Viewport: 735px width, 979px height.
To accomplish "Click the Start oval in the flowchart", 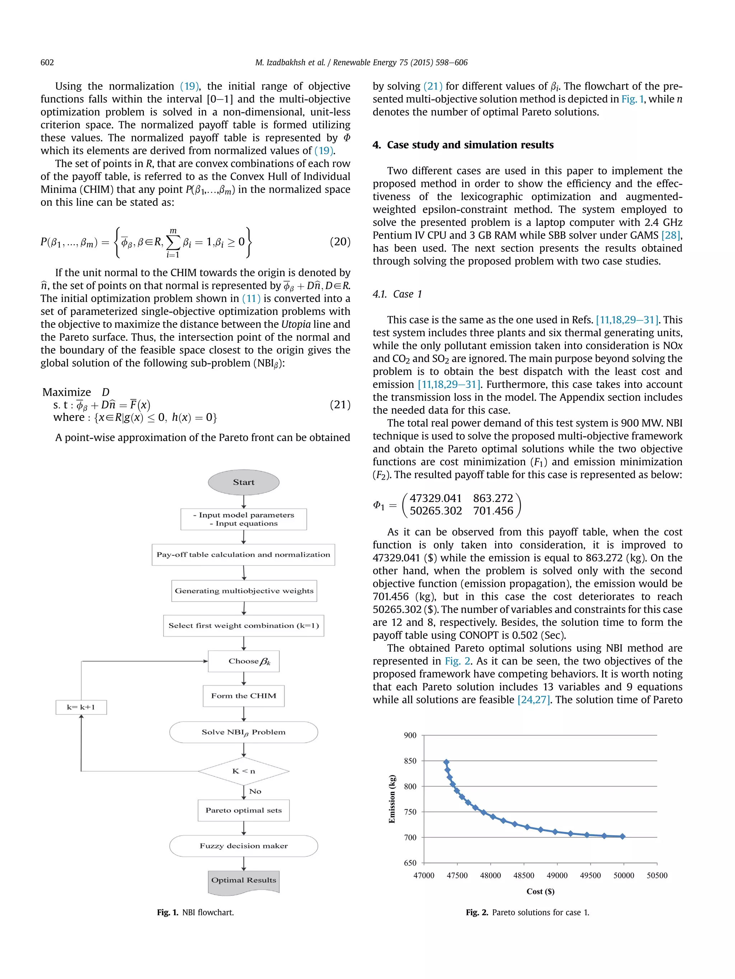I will click(243, 482).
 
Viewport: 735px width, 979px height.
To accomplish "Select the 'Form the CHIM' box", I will click(243, 696).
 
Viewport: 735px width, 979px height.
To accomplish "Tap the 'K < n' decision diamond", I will click(243, 771).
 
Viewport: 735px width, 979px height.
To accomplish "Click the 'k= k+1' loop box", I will click(81, 707).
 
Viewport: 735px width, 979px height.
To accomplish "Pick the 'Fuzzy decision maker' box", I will click(243, 846).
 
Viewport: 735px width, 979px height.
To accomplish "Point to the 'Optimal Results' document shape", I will click(243, 880).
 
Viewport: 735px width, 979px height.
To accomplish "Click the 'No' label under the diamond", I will click(255, 791).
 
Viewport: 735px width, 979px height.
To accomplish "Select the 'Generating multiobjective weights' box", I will click(244, 590).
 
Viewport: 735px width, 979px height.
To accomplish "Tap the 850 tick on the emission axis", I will click(410, 761).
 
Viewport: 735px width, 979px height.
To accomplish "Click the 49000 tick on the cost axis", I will click(557, 875).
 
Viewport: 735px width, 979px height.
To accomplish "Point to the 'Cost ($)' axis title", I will click(540, 892).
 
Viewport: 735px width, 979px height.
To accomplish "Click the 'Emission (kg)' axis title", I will click(392, 799).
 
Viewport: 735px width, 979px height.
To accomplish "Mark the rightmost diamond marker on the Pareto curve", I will click(622, 836).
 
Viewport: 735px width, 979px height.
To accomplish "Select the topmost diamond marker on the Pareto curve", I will click(446, 762).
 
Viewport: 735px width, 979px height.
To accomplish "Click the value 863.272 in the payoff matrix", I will click(493, 498).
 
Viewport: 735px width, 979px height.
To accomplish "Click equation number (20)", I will click(340, 242).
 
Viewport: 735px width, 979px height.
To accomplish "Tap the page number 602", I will click(47, 62).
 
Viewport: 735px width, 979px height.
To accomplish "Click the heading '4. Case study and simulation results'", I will click(463, 145).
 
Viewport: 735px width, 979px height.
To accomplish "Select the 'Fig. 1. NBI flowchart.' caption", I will click(195, 912).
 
